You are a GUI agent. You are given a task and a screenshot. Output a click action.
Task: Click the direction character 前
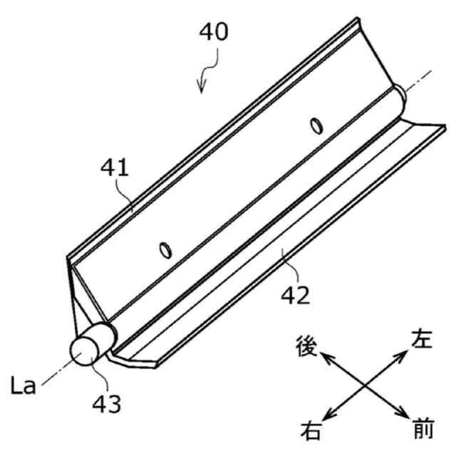click(x=423, y=430)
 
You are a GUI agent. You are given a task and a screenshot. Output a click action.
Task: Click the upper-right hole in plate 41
click(x=314, y=126)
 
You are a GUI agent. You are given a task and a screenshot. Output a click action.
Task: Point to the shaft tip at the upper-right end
click(x=401, y=93)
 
